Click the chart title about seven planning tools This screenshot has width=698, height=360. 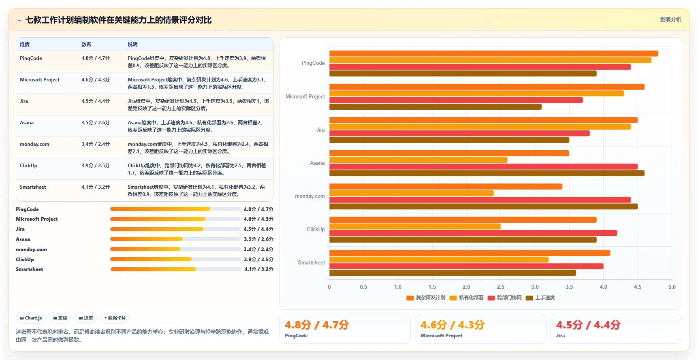click(x=118, y=20)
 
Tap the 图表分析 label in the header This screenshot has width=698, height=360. click(x=670, y=19)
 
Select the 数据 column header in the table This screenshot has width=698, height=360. click(x=86, y=45)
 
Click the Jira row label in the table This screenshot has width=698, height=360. click(x=24, y=101)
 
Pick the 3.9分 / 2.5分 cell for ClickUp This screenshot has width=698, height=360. click(x=96, y=166)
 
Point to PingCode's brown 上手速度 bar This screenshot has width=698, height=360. click(x=463, y=73)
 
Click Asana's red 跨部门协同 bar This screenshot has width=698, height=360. click(x=483, y=166)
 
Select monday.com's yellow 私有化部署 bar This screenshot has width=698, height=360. click(x=412, y=193)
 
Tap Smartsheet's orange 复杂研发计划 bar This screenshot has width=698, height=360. click(x=470, y=253)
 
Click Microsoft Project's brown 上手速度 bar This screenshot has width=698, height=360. click(x=435, y=107)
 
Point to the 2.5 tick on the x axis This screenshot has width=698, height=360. click(x=501, y=287)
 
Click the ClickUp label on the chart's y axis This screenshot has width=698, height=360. click(x=316, y=229)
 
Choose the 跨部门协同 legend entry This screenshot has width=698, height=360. click(x=505, y=298)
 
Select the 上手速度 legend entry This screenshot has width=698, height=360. click(x=540, y=298)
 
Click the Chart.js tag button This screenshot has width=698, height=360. click(x=31, y=318)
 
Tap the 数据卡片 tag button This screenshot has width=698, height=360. click(x=115, y=318)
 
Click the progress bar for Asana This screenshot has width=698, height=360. click(x=175, y=239)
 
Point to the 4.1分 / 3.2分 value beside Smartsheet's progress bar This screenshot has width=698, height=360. click(x=259, y=269)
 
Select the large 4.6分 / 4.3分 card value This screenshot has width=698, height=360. click(x=453, y=325)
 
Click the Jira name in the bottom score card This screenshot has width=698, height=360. click(x=561, y=336)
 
